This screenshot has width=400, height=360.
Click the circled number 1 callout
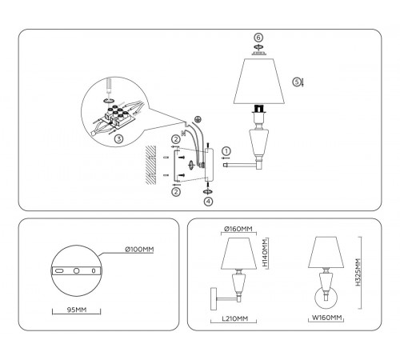click(x=226, y=150)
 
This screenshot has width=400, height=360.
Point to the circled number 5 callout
click(x=296, y=81)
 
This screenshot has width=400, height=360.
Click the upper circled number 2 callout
click(x=175, y=139)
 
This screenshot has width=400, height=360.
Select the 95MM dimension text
click(x=77, y=309)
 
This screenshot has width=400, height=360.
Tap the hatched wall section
click(x=152, y=165)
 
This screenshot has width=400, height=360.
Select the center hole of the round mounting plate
click(x=77, y=272)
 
